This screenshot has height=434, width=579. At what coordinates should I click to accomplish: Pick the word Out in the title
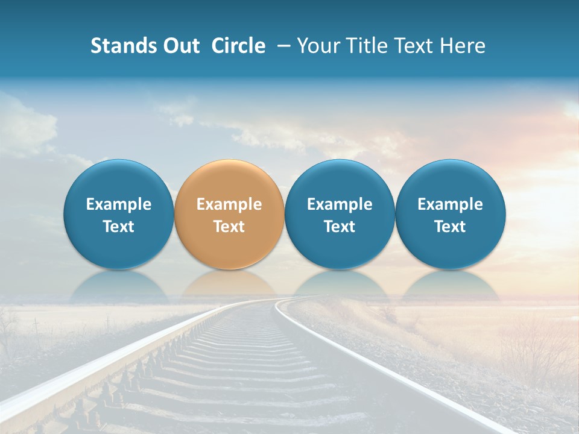click(x=182, y=46)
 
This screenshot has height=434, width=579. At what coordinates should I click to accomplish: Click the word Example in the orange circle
click(x=229, y=204)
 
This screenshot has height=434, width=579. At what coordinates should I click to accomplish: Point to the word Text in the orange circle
click(x=229, y=227)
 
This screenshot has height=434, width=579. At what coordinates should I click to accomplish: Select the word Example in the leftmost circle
click(x=118, y=204)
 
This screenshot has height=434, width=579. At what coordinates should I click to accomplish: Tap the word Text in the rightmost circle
click(x=451, y=227)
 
